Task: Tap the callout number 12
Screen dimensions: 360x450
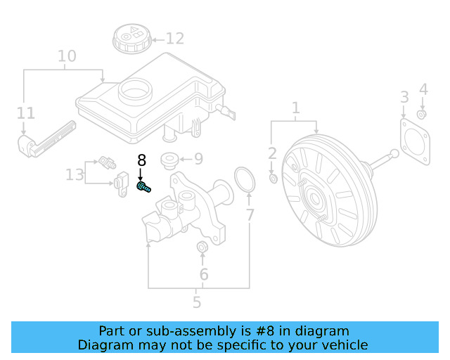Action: (174, 39)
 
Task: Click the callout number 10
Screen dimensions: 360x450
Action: (67, 56)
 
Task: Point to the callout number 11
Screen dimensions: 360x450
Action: (25, 112)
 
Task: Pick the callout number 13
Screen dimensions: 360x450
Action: (75, 174)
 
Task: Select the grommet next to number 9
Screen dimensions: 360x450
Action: (169, 160)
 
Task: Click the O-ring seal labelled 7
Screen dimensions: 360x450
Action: (243, 180)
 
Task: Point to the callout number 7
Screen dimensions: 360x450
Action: (250, 215)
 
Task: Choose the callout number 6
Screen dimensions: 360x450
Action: (204, 274)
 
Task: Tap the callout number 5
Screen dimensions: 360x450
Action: (197, 302)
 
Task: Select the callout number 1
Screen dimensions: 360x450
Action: (295, 108)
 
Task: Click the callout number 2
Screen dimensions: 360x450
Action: (273, 153)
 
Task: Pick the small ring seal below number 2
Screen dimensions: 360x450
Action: (274, 179)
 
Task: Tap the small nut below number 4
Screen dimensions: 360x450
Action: (422, 115)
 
